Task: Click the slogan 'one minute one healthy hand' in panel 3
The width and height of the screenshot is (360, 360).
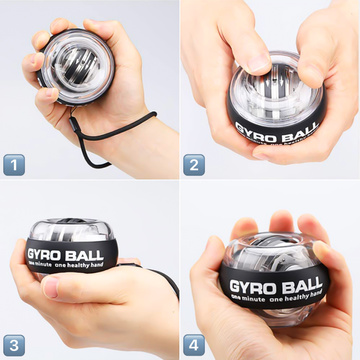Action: pos(78,270)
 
